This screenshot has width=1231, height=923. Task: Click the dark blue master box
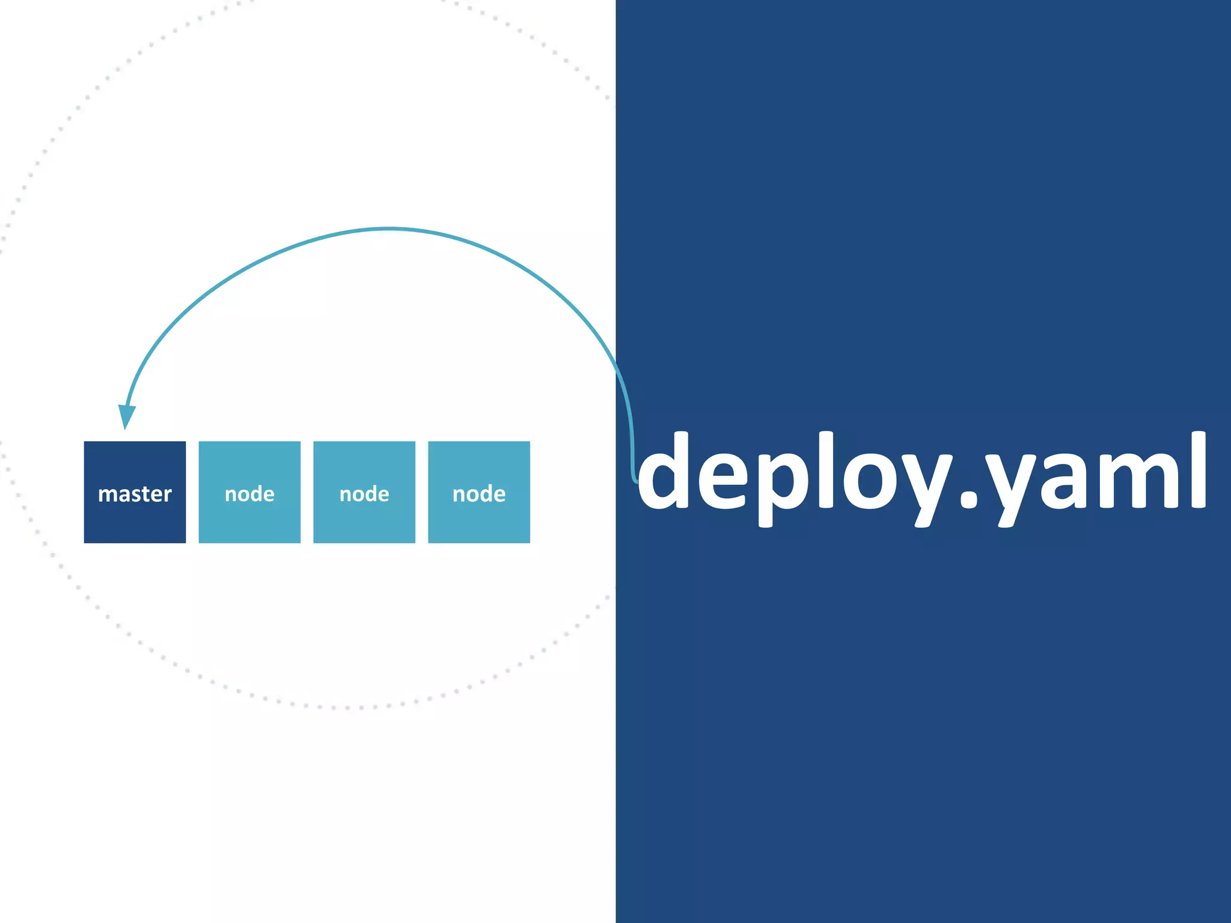point(135,492)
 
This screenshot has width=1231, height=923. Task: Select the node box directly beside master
point(249,492)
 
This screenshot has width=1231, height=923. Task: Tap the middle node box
point(364,492)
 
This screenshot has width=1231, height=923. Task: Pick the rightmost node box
point(479,492)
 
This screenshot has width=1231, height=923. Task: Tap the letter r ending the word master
point(168,495)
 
